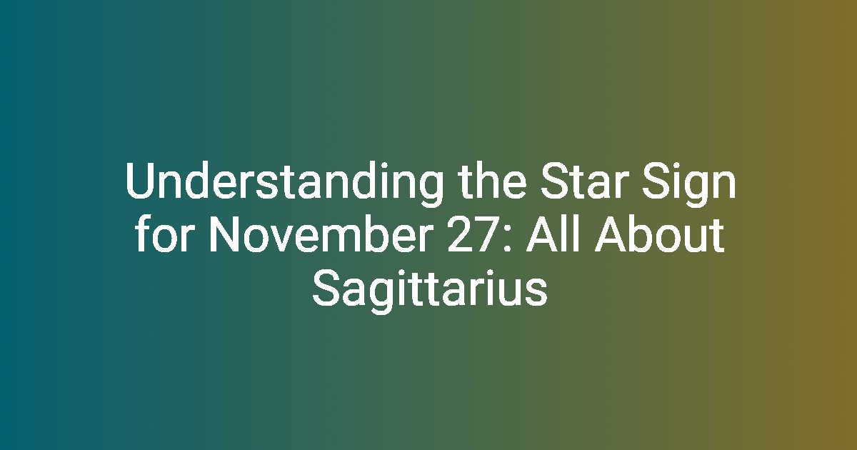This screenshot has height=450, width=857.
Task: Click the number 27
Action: (473, 234)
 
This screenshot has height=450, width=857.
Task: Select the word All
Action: (556, 234)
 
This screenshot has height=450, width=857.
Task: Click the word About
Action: (659, 234)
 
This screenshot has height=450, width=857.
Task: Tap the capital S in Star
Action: (554, 181)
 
